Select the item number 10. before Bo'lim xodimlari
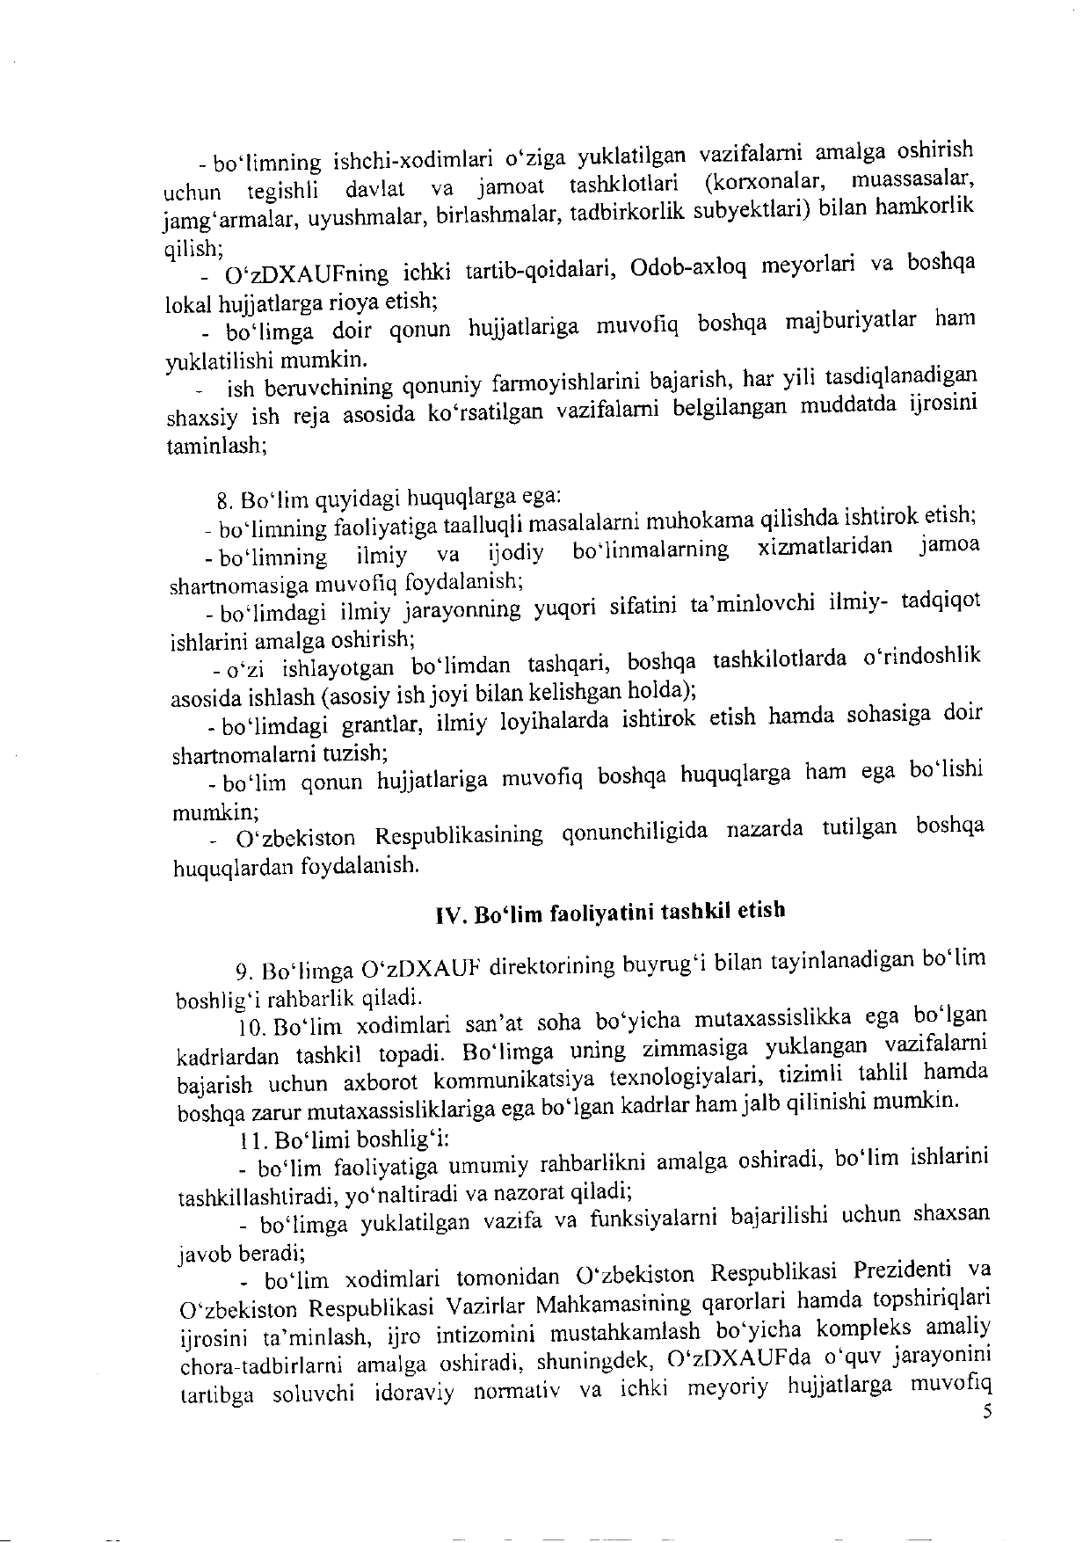(x=253, y=1025)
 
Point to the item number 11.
(x=254, y=1140)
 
